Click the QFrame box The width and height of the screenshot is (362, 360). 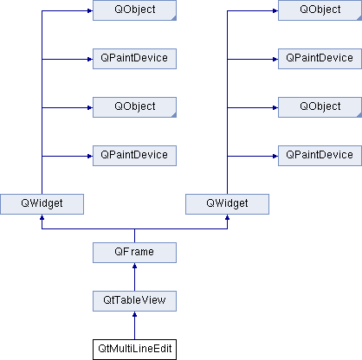[134, 253]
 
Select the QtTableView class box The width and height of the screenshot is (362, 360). [134, 301]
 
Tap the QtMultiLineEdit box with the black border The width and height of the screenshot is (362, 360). [134, 350]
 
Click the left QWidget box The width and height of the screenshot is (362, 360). [42, 204]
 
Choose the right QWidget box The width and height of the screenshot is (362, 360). [227, 204]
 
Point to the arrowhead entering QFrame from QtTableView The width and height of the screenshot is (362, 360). [134, 266]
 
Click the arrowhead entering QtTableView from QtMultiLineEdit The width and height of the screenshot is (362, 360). [134, 314]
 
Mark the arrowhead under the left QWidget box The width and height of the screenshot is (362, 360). [42, 217]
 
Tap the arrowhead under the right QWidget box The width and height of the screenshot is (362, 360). [227, 217]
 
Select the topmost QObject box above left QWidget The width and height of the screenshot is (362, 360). [134, 10]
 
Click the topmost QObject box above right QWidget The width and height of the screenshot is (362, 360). [320, 10]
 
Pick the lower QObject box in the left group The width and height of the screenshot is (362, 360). [134, 107]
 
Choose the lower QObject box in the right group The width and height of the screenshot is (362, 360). [320, 107]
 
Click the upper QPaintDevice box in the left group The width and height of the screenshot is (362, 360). [134, 59]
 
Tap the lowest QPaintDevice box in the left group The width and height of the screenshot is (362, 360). [134, 156]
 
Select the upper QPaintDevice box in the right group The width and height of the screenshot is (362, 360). [320, 59]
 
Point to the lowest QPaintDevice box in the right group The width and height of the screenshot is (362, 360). [320, 156]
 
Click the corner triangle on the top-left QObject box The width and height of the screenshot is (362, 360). [174, 18]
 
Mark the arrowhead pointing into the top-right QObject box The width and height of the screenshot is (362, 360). [275, 11]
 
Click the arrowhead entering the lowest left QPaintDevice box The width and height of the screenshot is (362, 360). [89, 157]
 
